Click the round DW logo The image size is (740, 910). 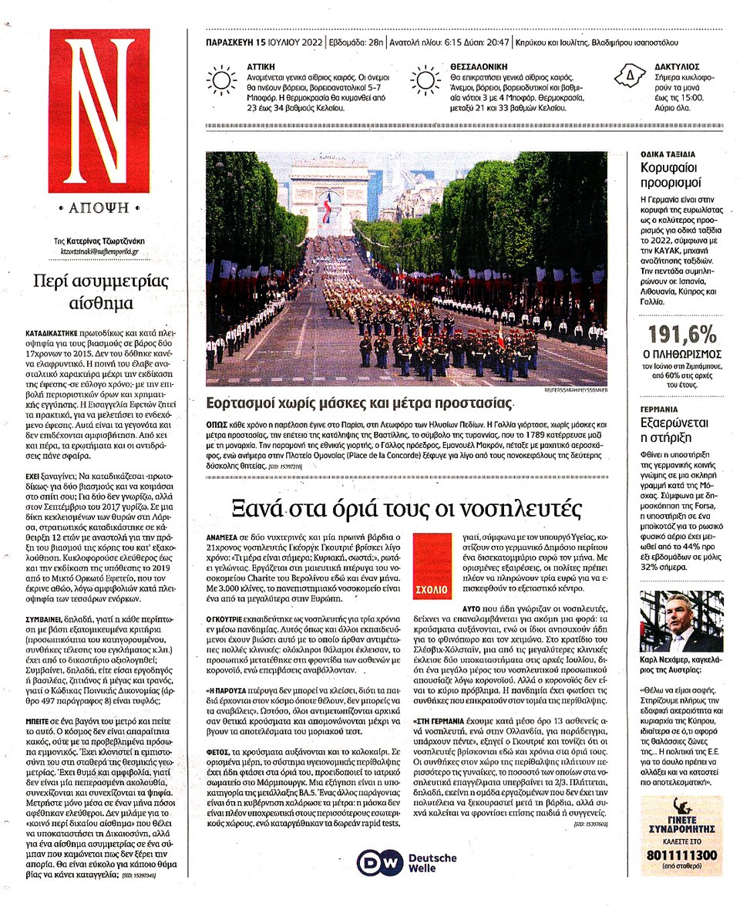coord(381,862)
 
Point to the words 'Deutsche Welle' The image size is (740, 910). coord(432,862)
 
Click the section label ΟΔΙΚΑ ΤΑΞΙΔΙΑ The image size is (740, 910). coord(668,153)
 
